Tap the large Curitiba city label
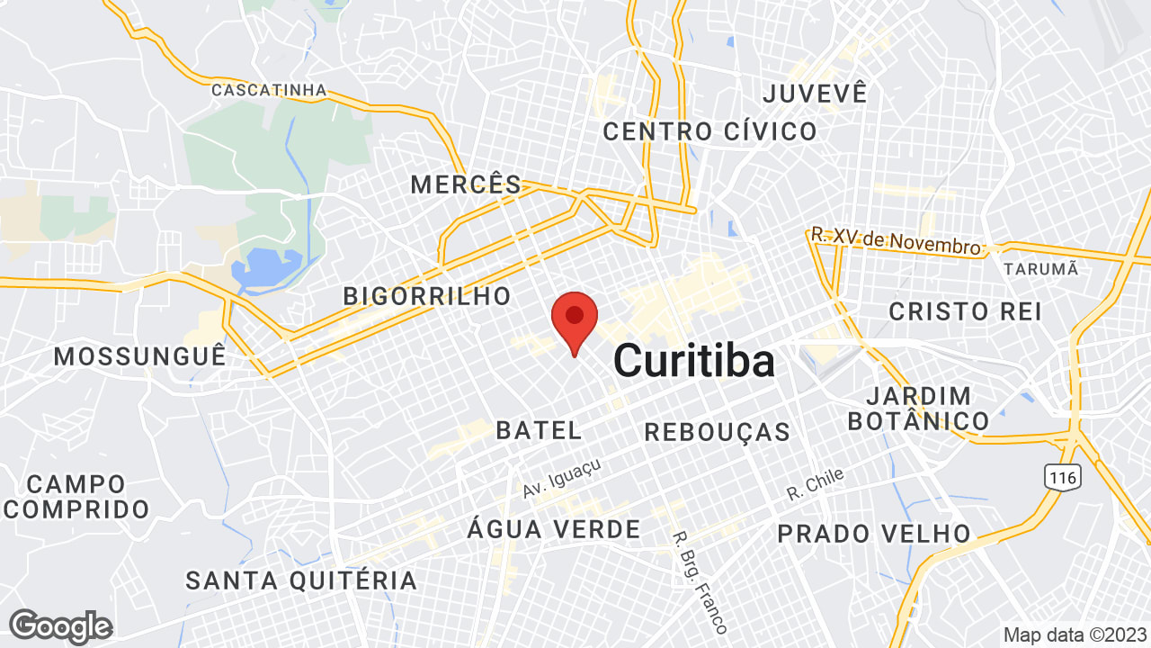point(693,362)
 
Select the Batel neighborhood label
point(539,430)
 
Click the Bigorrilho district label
point(427,295)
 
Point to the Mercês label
point(466,185)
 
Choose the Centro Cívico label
point(709,131)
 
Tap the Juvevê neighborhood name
point(815,93)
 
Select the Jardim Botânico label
point(918,408)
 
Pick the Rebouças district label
point(718,432)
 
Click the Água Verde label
point(554,529)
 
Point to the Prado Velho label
point(874,534)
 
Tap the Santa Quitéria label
point(301,580)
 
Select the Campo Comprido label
point(76,497)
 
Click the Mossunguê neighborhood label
point(139,356)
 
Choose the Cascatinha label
point(269,90)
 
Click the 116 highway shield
point(1062,477)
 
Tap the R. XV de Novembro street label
point(896,241)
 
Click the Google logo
point(60,626)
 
